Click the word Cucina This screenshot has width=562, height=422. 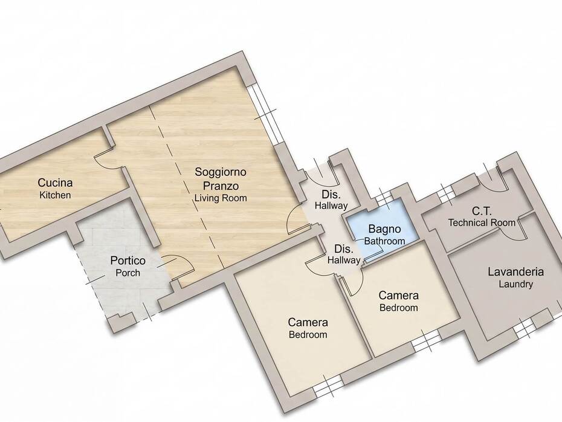tap(55, 183)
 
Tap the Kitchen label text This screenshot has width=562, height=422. tap(55, 195)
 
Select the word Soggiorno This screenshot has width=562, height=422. tap(221, 172)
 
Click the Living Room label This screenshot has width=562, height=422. tap(221, 198)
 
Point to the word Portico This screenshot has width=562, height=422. tap(128, 261)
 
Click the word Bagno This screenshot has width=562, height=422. tap(384, 229)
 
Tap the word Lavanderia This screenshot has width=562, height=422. tap(515, 272)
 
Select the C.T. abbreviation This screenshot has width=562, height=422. tap(482, 211)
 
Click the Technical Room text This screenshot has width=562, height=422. tap(482, 222)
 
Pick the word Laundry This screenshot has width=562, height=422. tap(515, 284)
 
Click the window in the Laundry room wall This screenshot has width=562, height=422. tap(524, 327)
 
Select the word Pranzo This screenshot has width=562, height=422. tap(221, 186)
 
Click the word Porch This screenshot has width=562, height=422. tap(128, 273)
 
